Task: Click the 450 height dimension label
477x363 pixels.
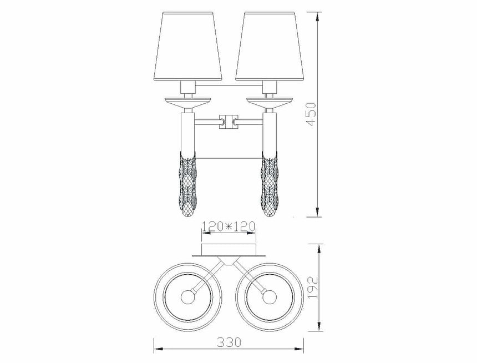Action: click(x=312, y=114)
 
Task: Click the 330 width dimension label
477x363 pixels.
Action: click(x=229, y=342)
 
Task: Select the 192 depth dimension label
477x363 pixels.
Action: click(x=313, y=288)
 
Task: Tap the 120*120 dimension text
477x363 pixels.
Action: click(x=229, y=226)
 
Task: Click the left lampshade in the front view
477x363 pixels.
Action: click(x=187, y=47)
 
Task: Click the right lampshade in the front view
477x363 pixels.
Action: click(x=270, y=47)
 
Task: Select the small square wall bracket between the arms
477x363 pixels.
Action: click(x=229, y=122)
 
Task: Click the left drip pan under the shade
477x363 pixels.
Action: click(x=187, y=103)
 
